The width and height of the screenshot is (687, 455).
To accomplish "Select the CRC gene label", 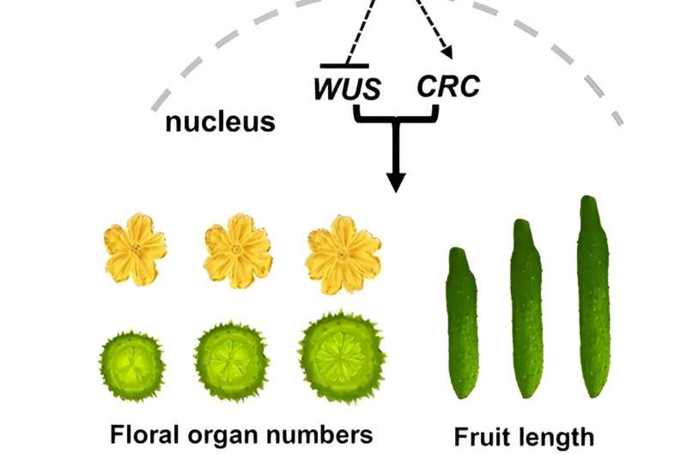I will pyautogui.click(x=447, y=87).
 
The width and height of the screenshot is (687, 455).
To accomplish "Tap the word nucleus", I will pyautogui.click(x=221, y=122).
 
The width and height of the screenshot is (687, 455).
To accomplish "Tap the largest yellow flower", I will pyautogui.click(x=343, y=252).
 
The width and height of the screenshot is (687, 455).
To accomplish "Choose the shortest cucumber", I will pyautogui.click(x=463, y=322).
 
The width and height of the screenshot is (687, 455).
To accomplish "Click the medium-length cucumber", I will pyautogui.click(x=526, y=308).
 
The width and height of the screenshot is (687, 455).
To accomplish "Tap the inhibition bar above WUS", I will pyautogui.click(x=344, y=65).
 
